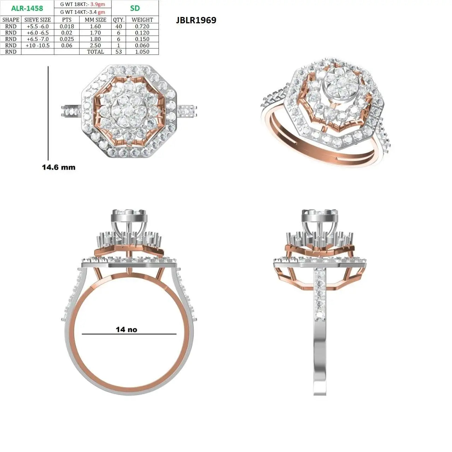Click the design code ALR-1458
point(27,8)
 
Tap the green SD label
point(135,8)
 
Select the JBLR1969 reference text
point(196,20)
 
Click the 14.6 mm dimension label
point(59,167)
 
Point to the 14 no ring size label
point(126,329)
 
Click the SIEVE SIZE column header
point(37,20)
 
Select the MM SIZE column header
point(95,20)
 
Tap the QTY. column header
point(119,20)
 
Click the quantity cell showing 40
point(119,26)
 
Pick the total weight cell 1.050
point(142,52)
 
